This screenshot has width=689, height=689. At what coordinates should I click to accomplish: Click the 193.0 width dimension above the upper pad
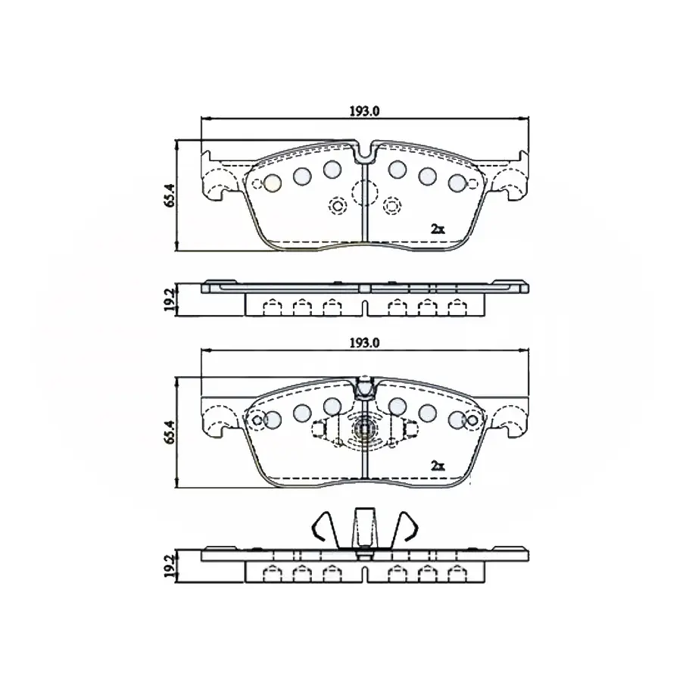(x=364, y=111)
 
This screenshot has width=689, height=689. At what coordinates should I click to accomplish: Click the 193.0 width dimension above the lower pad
(x=364, y=343)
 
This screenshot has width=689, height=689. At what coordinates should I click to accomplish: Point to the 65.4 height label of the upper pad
(x=170, y=195)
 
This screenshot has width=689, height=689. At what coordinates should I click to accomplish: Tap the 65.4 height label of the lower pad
(x=170, y=432)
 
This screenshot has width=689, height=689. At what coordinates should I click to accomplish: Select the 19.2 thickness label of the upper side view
(x=170, y=300)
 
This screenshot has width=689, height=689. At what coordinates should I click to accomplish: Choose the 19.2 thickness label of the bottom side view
(x=170, y=566)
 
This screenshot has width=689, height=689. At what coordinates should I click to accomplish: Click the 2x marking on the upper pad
(x=438, y=229)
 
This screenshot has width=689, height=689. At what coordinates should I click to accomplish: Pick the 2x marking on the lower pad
(x=438, y=466)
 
